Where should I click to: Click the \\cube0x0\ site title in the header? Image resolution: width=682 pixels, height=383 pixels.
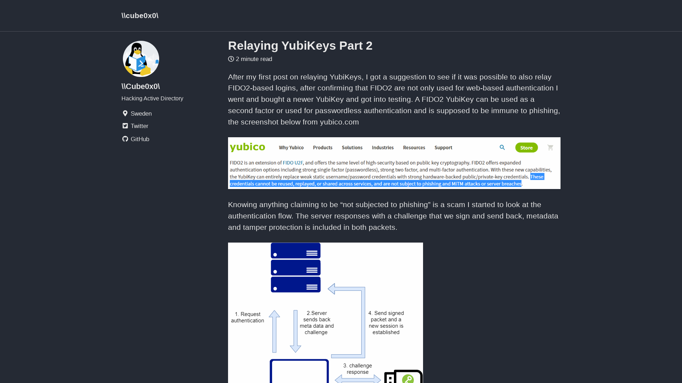(140, 16)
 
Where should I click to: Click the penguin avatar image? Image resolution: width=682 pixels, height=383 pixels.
(141, 59)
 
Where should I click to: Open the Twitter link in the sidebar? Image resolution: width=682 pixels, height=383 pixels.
(139, 126)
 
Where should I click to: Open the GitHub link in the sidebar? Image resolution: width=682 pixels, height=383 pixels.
(140, 139)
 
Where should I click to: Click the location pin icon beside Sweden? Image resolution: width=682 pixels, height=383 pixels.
(125, 113)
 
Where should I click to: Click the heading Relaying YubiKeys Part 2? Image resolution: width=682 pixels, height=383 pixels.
(300, 46)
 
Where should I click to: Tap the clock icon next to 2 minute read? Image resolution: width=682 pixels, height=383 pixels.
(231, 59)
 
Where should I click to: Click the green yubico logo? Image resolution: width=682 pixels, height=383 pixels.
(247, 147)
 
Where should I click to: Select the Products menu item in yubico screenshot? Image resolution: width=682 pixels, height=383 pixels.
(322, 148)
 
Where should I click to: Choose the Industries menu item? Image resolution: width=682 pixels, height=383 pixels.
(382, 148)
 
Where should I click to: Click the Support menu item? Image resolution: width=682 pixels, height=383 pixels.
(443, 148)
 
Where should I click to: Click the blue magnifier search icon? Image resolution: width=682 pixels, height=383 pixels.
(502, 148)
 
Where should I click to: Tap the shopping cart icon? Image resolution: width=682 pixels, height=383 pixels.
(550, 148)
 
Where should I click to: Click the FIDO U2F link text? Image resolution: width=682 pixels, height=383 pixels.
(293, 163)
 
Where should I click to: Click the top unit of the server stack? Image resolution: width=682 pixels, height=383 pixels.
(295, 251)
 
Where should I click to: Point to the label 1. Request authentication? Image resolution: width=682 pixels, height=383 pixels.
(248, 317)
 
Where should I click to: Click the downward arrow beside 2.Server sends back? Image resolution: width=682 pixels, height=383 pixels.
(295, 331)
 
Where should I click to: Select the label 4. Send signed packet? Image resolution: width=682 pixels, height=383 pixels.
(386, 323)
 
